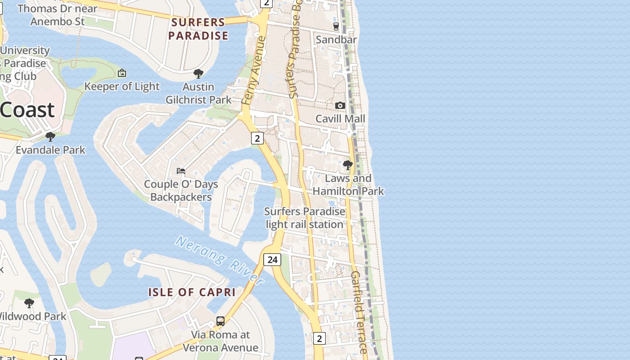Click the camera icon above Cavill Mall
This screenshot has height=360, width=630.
point(340,105)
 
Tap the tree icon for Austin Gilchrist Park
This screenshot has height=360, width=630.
point(198,73)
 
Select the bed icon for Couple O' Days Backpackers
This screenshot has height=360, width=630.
point(181,171)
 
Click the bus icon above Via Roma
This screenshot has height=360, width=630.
point(220,321)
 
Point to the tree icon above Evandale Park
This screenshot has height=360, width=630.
point(50,136)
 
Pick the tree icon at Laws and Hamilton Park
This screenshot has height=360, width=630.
point(347,165)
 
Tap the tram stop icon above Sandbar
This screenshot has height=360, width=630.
point(336,27)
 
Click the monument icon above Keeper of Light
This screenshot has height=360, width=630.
point(122,73)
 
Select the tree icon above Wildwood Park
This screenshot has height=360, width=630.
point(29,303)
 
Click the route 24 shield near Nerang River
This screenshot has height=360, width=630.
point(272,260)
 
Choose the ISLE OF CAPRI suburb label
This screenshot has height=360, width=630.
point(192,292)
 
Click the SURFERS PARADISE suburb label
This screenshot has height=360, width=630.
point(198,29)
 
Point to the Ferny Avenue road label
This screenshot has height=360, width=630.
point(254,71)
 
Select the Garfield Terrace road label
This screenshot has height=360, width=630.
point(359,311)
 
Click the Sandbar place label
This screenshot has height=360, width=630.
point(336,40)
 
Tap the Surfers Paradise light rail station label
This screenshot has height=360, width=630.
point(305,218)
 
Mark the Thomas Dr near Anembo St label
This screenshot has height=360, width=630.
point(58,15)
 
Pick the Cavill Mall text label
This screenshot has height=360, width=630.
point(340,119)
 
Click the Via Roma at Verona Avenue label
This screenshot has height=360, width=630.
point(220,341)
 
